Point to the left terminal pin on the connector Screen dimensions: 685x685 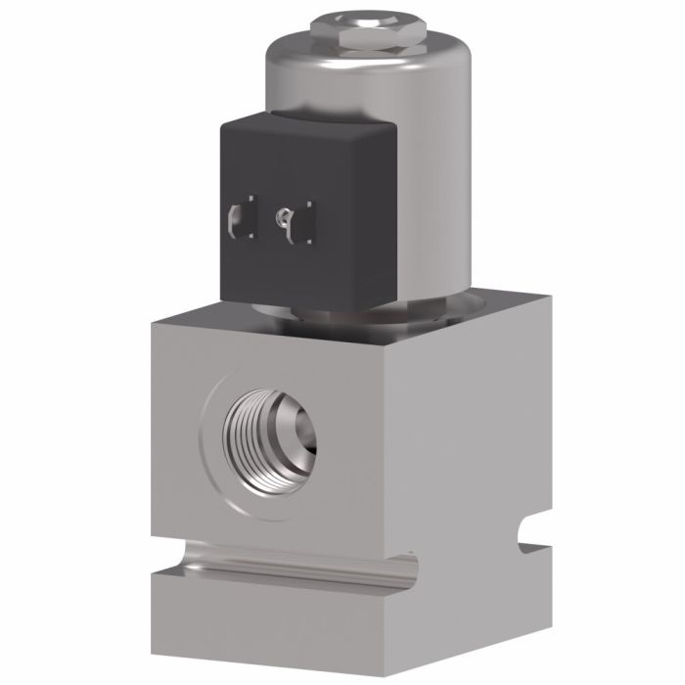pyautogui.click(x=239, y=219)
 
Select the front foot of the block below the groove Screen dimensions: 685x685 pyautogui.click(x=284, y=631)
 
